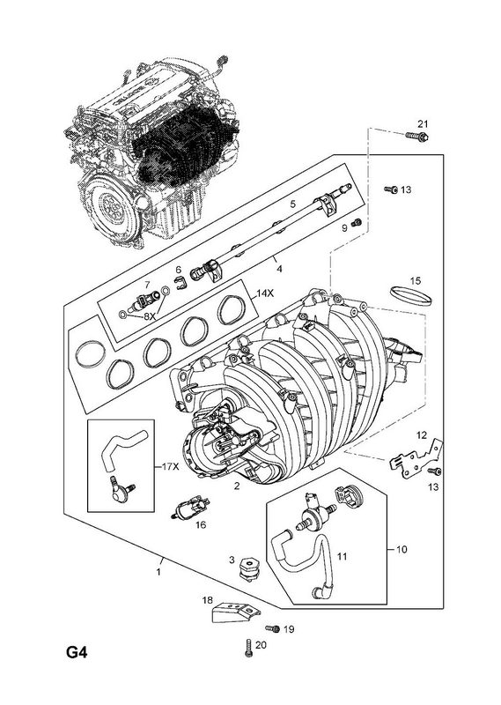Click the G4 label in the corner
(77, 651)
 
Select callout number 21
(424, 123)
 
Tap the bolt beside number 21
(417, 136)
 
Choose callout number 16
(201, 524)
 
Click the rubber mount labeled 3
(248, 568)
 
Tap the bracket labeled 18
(235, 612)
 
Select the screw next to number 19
(272, 629)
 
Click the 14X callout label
(265, 293)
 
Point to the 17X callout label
(170, 467)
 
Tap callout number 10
(402, 549)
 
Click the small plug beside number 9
(357, 222)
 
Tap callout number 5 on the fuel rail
(293, 204)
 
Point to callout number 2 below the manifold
(236, 486)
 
